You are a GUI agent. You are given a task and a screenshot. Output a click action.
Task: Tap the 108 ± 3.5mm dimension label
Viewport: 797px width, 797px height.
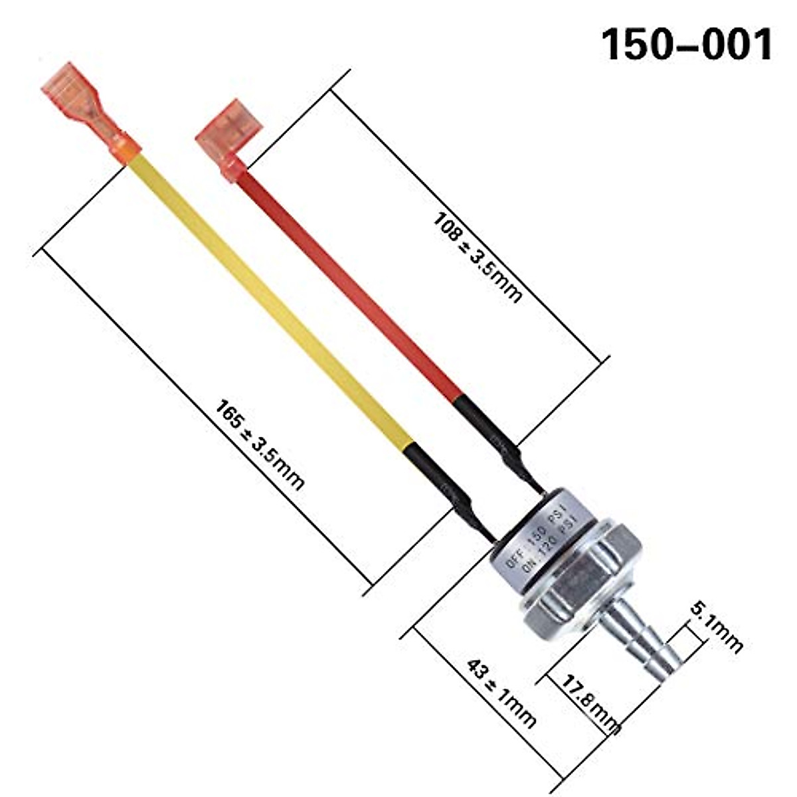point(477,256)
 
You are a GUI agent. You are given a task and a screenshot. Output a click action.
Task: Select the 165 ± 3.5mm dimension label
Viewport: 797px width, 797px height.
point(259,444)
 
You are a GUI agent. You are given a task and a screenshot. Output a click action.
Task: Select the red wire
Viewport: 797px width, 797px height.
point(352,279)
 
